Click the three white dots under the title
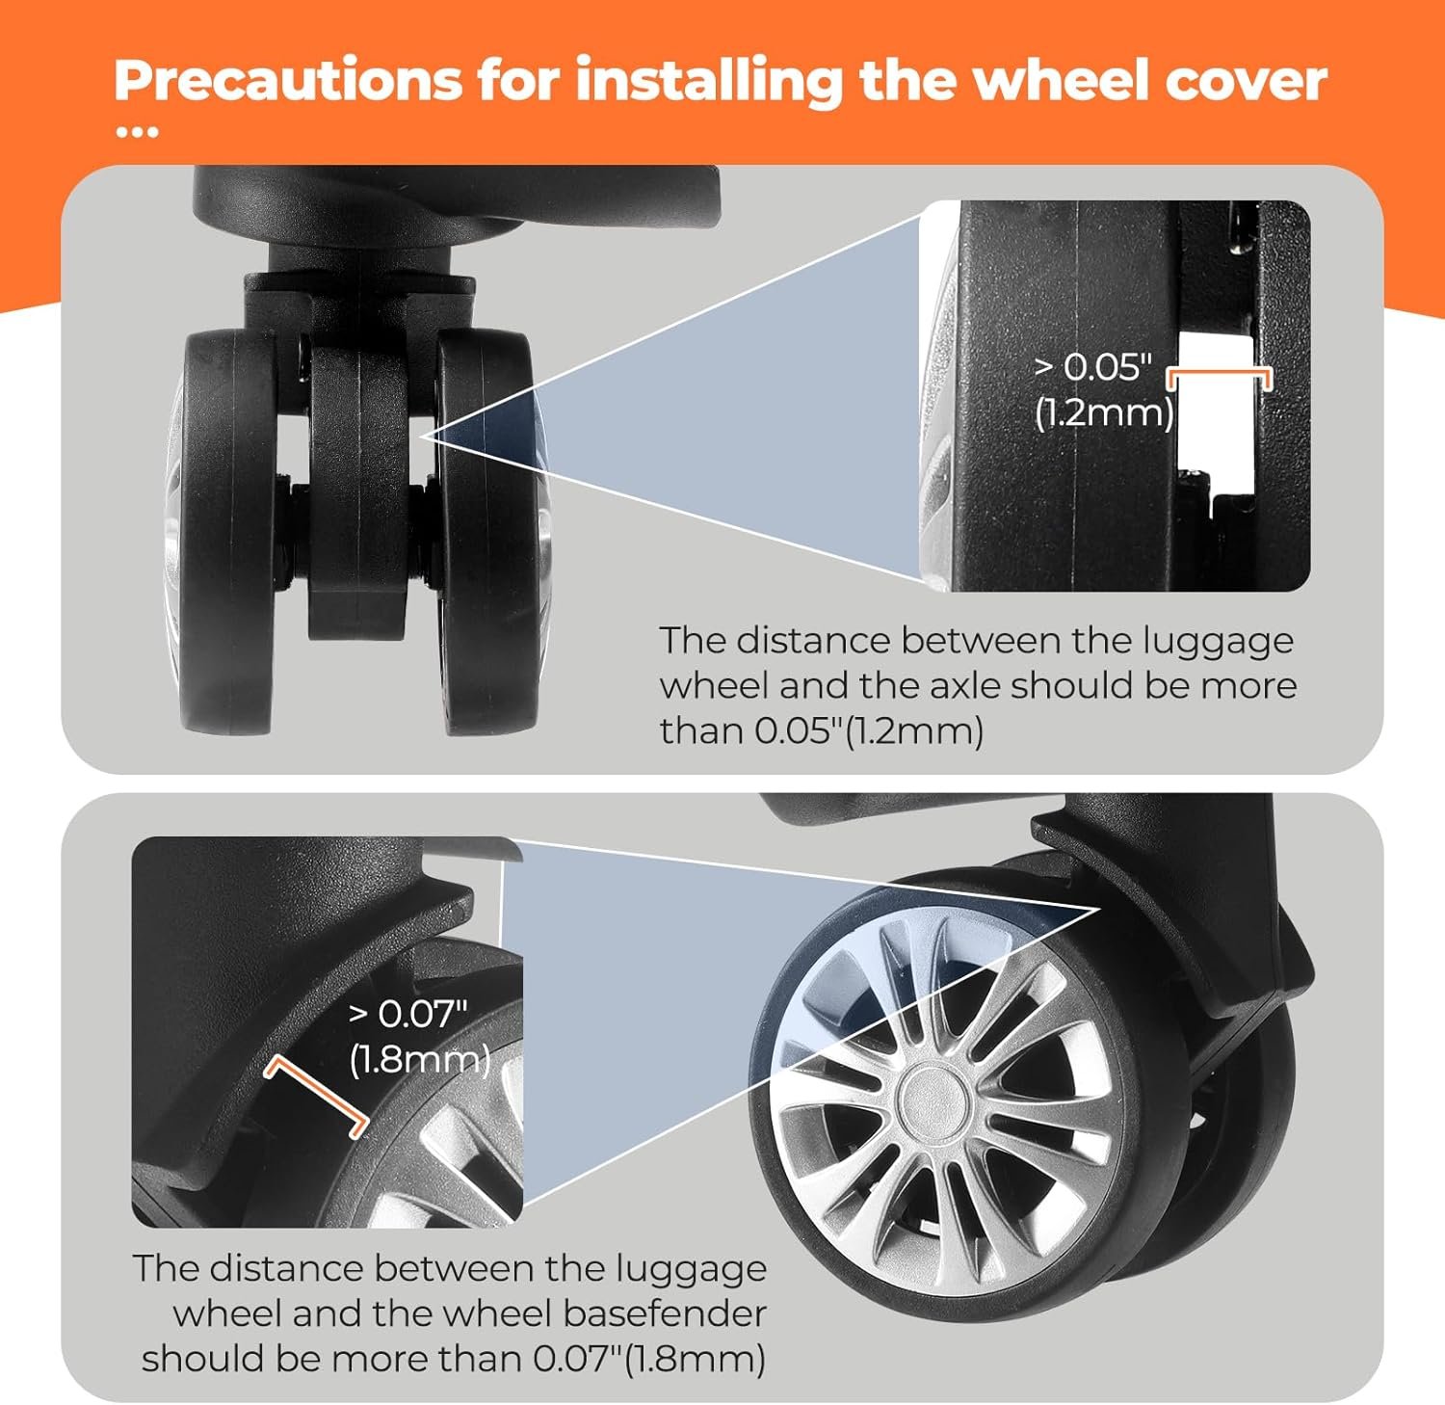137,133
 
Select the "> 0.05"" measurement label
1092,367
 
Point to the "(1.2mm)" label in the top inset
1103,412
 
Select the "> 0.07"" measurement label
408,1014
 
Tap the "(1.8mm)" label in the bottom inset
420,1059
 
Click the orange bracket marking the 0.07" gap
316,1094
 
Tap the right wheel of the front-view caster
487,532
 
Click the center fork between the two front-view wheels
357,491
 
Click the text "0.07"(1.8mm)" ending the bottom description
649,1360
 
